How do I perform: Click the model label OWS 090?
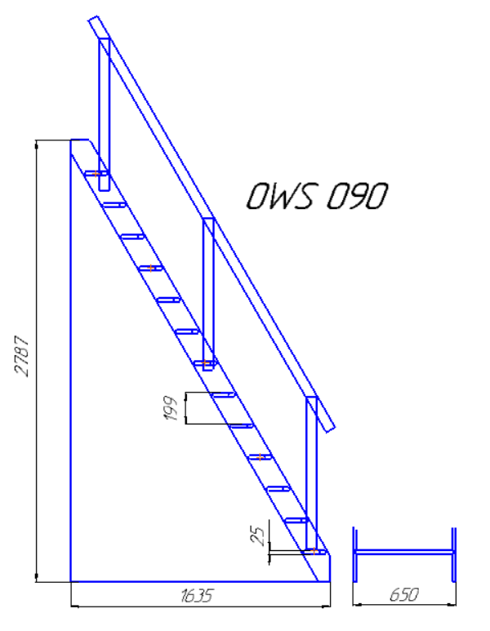pos(317,196)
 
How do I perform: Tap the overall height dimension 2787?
pos(22,356)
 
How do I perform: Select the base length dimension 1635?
pos(196,596)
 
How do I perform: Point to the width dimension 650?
pos(403,595)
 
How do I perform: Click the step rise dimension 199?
pos(171,408)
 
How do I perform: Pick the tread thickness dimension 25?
pos(258,536)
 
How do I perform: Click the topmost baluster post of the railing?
pos(105,114)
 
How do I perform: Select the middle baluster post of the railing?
pos(208,294)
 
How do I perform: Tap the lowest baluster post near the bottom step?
pos(312,473)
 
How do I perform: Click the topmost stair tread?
pos(96,174)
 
